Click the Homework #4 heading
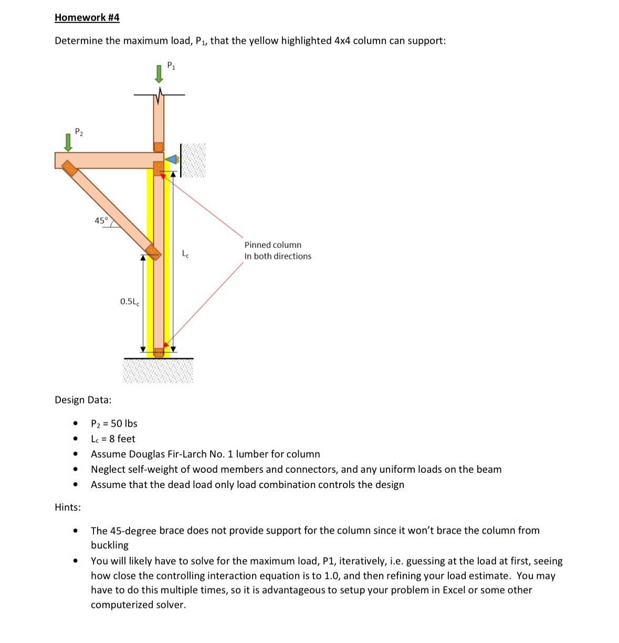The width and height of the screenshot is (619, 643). [87, 17]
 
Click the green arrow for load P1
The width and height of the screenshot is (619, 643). [159, 74]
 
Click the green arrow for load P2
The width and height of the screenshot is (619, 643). [67, 142]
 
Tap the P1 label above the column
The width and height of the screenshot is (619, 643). [171, 66]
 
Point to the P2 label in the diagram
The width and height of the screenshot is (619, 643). [79, 132]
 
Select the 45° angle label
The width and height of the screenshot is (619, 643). [101, 221]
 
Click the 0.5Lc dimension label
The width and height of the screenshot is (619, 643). [130, 302]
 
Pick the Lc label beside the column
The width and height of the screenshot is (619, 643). [185, 254]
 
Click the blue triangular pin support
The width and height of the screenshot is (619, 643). [172, 159]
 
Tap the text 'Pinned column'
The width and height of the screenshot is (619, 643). [272, 245]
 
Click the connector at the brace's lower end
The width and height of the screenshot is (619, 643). [153, 252]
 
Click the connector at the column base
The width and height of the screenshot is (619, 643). [159, 352]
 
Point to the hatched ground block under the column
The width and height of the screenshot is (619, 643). [158, 371]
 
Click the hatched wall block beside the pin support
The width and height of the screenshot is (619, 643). [193, 160]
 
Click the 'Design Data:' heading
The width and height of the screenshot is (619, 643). [83, 400]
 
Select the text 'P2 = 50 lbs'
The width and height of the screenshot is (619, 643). [114, 423]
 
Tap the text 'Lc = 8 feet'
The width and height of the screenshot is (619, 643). [113, 439]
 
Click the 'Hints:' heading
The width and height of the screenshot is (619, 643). [68, 507]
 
